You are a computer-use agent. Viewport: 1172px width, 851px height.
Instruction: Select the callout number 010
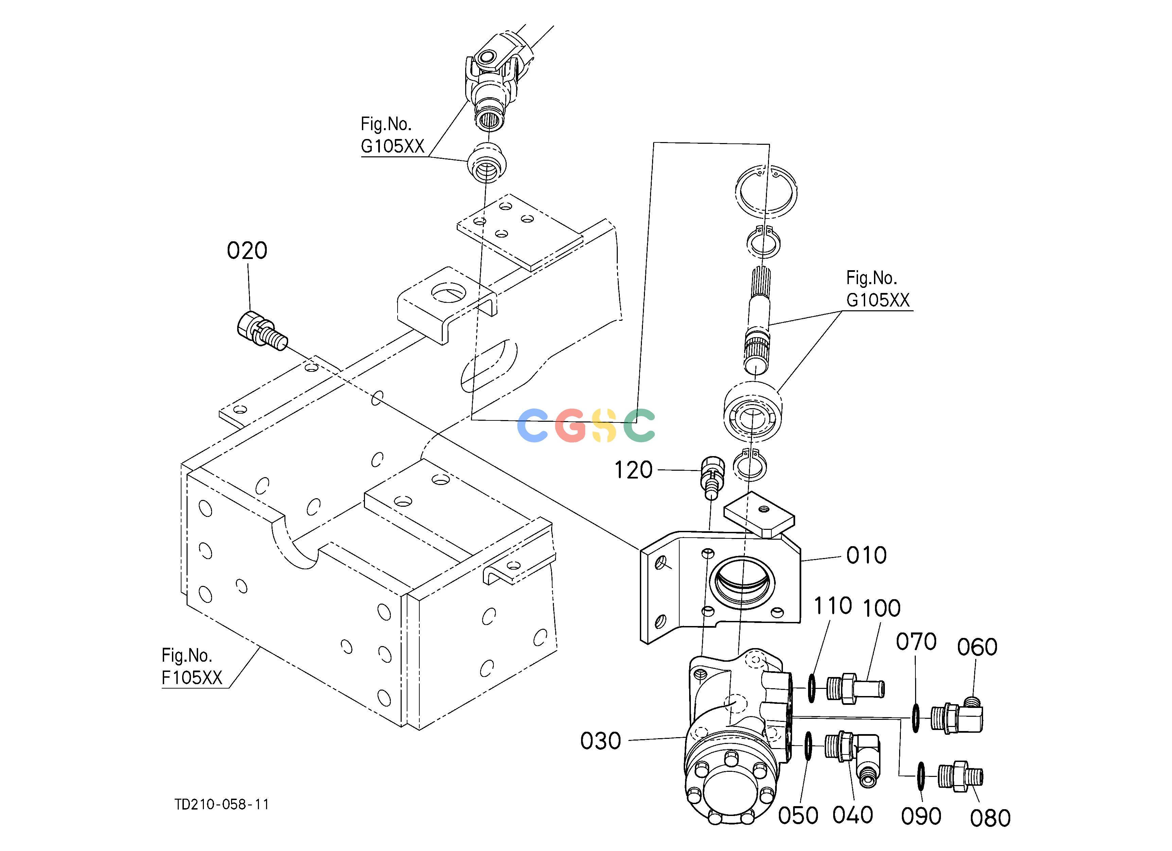866,555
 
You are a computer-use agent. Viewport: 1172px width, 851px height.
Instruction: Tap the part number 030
600,741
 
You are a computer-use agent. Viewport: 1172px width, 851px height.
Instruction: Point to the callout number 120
633,470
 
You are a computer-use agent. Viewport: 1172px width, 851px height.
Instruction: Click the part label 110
833,606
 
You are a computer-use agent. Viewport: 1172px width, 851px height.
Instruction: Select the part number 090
921,816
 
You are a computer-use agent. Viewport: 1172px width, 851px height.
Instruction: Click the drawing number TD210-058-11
222,804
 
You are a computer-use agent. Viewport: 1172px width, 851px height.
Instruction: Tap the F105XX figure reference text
192,677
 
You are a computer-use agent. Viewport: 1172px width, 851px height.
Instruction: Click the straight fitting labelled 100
855,688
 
